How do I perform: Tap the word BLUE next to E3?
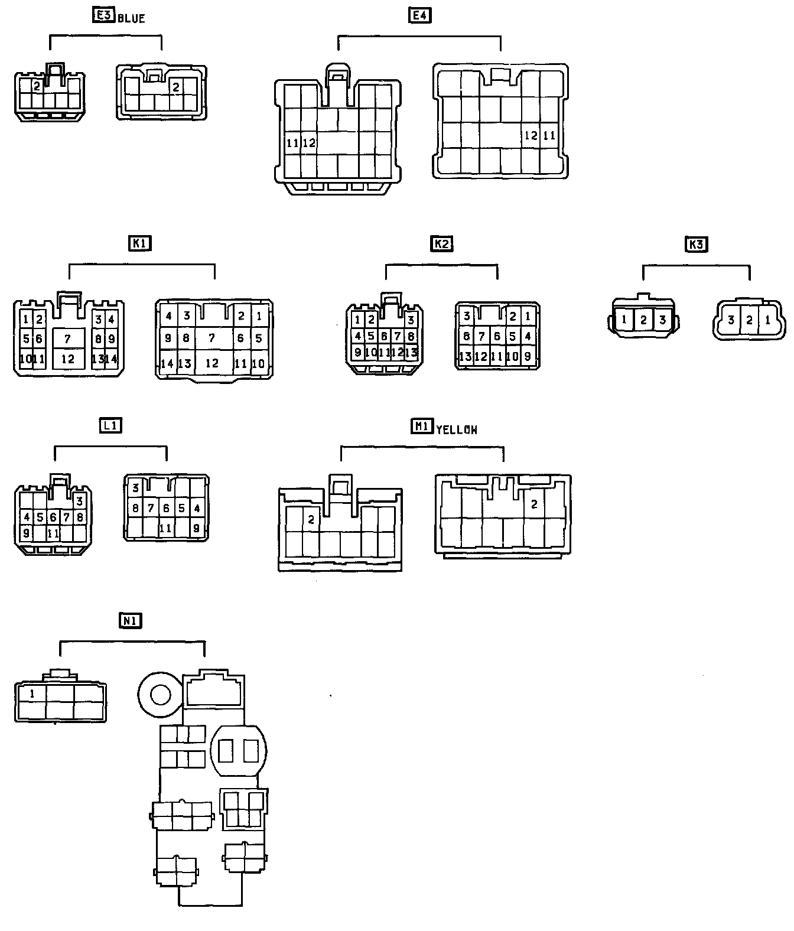(131, 18)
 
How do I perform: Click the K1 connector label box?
(140, 243)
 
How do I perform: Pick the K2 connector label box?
(442, 243)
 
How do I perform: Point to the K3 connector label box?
(697, 244)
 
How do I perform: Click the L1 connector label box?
(110, 425)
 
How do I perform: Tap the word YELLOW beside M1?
(456, 430)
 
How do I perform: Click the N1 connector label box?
(131, 621)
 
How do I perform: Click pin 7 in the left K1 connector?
(68, 339)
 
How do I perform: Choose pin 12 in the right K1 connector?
(211, 363)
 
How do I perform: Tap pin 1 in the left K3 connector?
(624, 320)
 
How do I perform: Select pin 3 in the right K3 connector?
(731, 320)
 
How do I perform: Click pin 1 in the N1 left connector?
(32, 694)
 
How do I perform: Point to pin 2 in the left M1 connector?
(311, 519)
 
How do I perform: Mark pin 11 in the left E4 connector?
(292, 143)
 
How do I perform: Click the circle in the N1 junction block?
(160, 694)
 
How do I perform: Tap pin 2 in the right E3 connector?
(175, 87)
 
